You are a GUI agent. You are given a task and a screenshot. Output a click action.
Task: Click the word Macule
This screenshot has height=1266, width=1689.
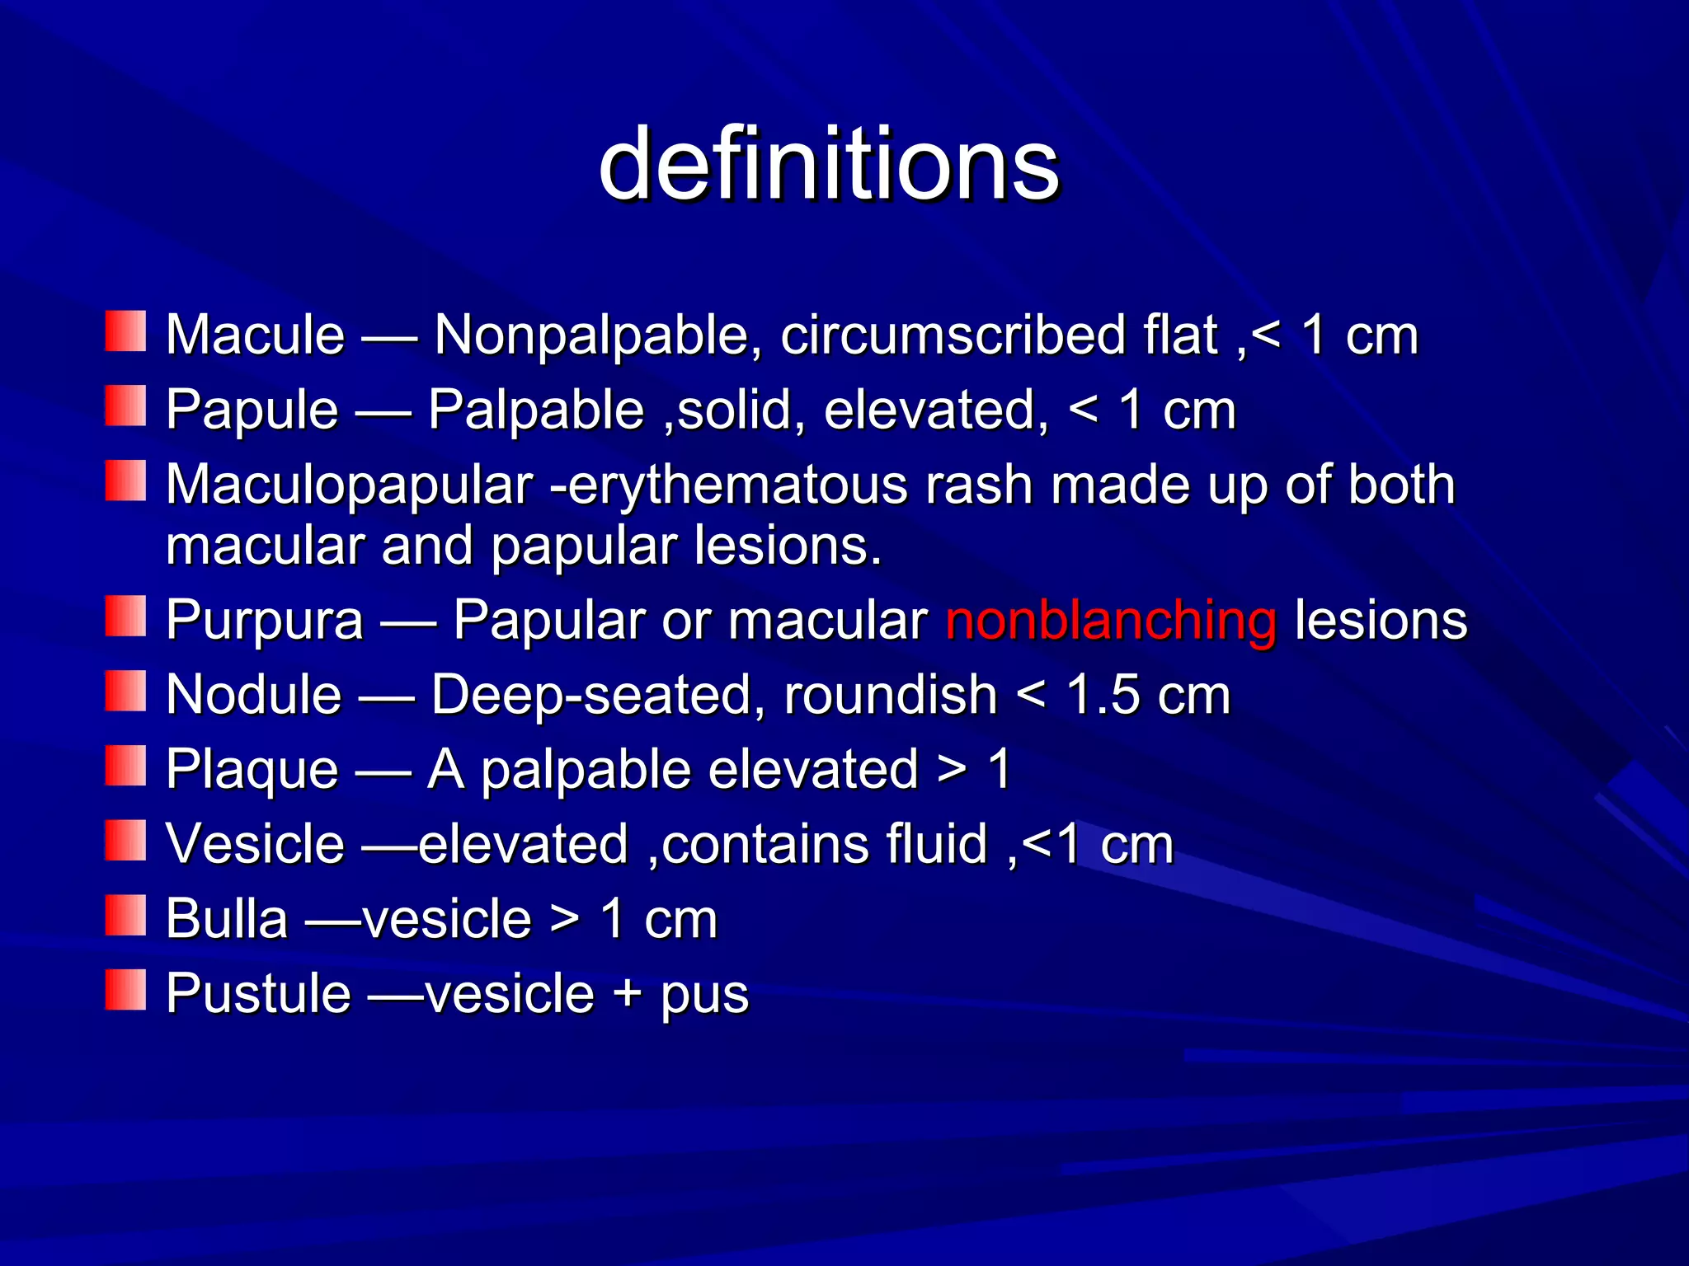255,335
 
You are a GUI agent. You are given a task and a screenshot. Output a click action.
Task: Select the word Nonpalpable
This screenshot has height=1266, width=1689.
591,335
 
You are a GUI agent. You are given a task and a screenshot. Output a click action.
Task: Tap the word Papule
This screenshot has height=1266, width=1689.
252,410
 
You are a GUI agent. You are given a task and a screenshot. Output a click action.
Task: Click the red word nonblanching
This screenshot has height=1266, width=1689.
1111,620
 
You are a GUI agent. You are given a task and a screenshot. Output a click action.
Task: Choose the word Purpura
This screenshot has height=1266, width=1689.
264,620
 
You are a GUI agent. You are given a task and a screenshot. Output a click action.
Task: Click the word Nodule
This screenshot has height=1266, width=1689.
253,694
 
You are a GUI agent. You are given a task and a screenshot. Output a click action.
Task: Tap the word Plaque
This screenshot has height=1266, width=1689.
252,770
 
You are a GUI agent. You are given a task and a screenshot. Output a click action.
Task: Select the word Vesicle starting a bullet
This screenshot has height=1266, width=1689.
255,844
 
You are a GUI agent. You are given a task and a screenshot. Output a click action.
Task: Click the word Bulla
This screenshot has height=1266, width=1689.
227,918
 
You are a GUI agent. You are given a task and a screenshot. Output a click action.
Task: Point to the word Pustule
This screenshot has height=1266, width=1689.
258,993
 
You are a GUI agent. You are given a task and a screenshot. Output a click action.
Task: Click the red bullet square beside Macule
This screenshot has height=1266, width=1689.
125,331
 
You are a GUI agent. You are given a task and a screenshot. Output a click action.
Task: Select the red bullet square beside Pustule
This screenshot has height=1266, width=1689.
125,989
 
